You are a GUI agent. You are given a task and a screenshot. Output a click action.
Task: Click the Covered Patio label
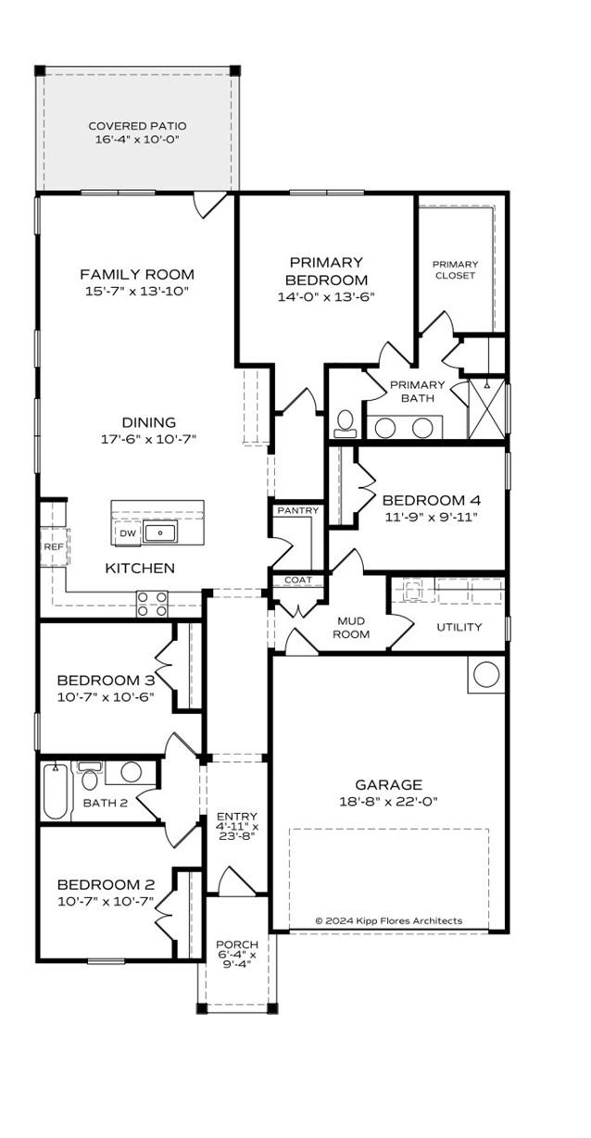pos(137,126)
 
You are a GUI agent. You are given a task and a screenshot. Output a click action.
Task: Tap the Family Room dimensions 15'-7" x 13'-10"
pos(137,291)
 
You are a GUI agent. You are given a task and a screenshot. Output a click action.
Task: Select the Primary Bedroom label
pos(326,271)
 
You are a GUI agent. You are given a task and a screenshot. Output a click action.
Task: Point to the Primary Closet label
pos(455,269)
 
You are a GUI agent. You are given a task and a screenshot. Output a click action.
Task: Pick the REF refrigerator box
pos(53,547)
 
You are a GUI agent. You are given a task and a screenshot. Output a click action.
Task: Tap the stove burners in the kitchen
pos(153,604)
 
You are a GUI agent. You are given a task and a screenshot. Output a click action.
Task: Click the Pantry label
pos(297,510)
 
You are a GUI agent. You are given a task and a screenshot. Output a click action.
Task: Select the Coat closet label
pos(297,581)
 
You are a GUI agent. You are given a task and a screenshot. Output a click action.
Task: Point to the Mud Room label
pos(351,627)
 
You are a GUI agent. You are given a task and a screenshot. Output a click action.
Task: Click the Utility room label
pos(459,627)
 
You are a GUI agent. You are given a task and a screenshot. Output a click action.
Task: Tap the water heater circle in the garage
pos(486,674)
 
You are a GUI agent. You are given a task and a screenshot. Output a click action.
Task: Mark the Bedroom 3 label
pos(105,681)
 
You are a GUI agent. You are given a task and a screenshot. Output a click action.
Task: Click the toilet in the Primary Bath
pos(346,423)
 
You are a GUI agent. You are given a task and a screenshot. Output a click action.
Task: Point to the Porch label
pos(236,944)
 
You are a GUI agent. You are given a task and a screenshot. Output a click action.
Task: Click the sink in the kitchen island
pos(161,532)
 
